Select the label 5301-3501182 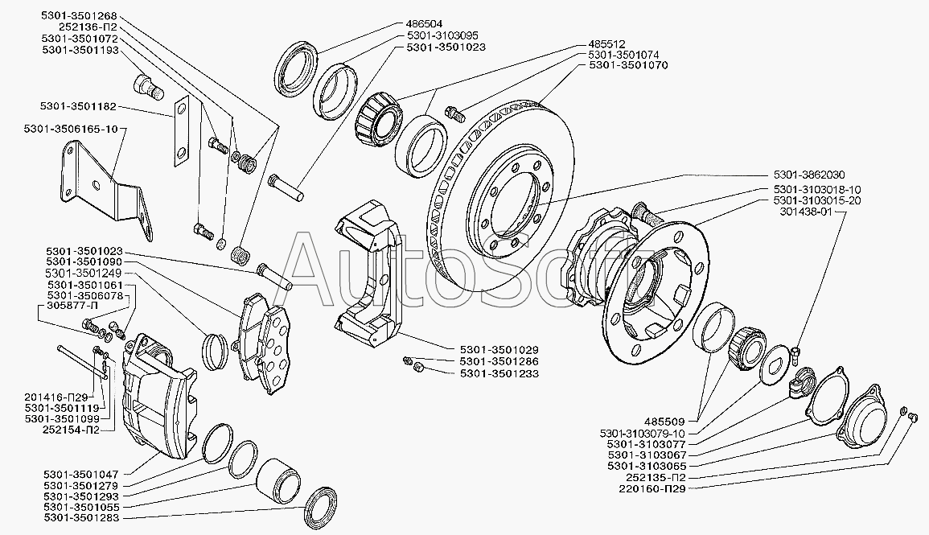click(x=78, y=106)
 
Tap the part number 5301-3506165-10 click(x=71, y=129)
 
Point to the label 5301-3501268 click(x=78, y=15)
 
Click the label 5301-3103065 click(x=647, y=466)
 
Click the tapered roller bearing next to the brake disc click(x=379, y=118)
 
